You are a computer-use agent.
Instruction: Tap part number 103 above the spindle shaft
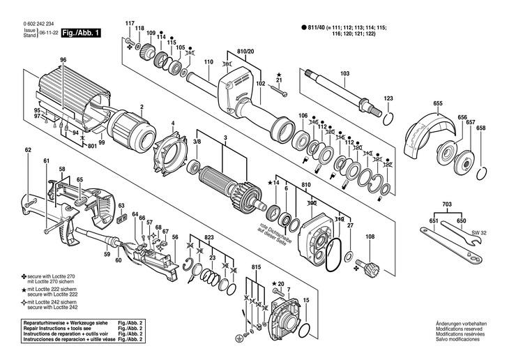pos(344,73)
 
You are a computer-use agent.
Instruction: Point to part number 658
pos(480,127)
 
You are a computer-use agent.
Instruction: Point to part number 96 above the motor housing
pos(63,61)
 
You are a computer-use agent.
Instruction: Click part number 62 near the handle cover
pos(28,150)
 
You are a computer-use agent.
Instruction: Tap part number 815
pos(257,268)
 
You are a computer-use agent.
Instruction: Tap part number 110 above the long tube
pos(208,63)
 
